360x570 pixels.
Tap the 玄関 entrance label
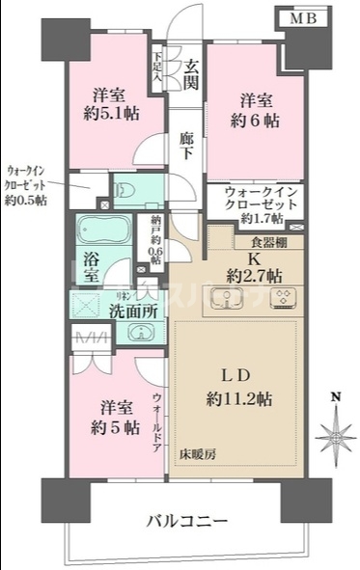point(191,74)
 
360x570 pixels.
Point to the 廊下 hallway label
point(188,147)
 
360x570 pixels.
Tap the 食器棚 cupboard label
point(267,242)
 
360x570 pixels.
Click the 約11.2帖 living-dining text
point(243,398)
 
